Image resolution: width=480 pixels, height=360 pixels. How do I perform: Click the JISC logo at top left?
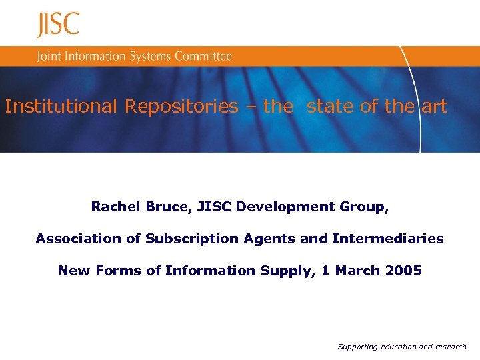pyautogui.click(x=58, y=25)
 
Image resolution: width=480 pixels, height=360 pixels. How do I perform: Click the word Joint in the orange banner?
pyautogui.click(x=49, y=57)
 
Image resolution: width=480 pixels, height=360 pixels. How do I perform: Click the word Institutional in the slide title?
pyautogui.click(x=61, y=107)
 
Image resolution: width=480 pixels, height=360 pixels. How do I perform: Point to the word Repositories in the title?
pyautogui.click(x=181, y=107)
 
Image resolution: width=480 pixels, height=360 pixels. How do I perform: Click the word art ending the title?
pyautogui.click(x=434, y=107)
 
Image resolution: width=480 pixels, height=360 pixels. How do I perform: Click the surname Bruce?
pyautogui.click(x=168, y=207)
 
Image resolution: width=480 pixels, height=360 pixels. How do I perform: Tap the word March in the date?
pyautogui.click(x=357, y=271)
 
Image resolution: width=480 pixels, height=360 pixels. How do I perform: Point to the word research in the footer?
pyautogui.click(x=451, y=347)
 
